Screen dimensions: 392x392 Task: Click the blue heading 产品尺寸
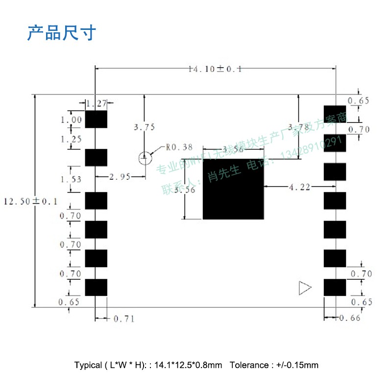click(x=62, y=33)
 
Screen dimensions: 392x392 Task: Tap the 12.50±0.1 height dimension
click(x=30, y=201)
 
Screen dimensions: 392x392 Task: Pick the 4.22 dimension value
click(x=300, y=187)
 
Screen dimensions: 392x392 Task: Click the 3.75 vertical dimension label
click(x=144, y=127)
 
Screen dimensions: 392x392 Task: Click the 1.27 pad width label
click(x=96, y=103)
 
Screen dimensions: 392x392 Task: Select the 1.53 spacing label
click(x=71, y=179)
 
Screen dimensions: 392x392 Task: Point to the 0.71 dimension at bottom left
click(x=123, y=319)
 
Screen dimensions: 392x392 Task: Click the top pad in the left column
click(x=96, y=119)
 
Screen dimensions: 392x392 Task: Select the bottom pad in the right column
click(x=335, y=288)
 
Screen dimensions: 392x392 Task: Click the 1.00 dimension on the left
click(x=71, y=120)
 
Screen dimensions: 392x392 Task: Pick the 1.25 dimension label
click(x=71, y=139)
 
